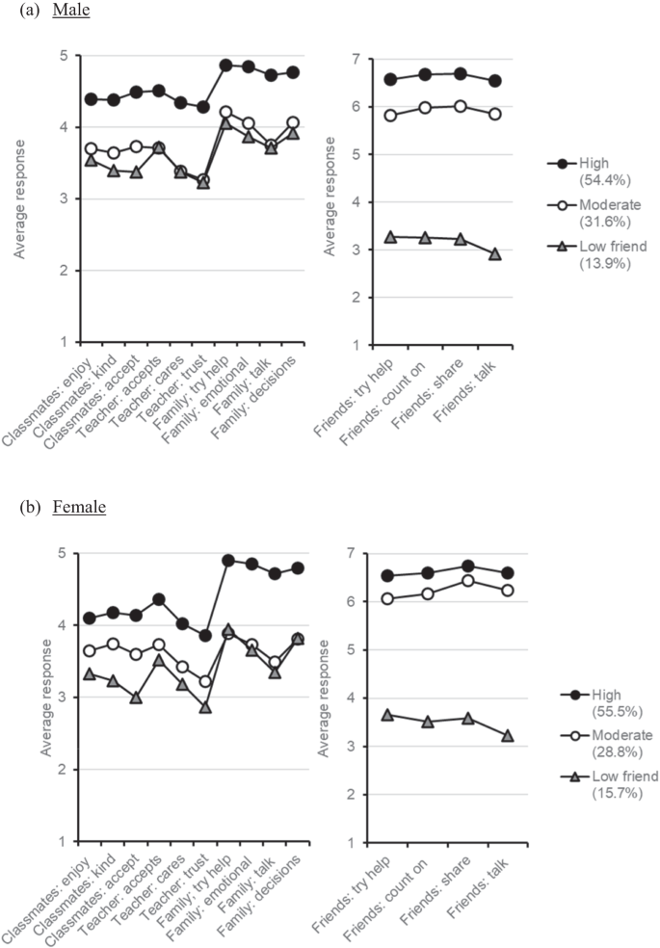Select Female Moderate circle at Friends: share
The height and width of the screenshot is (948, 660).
pyautogui.click(x=469, y=581)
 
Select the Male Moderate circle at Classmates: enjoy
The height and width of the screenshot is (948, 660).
pyautogui.click(x=91, y=149)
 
